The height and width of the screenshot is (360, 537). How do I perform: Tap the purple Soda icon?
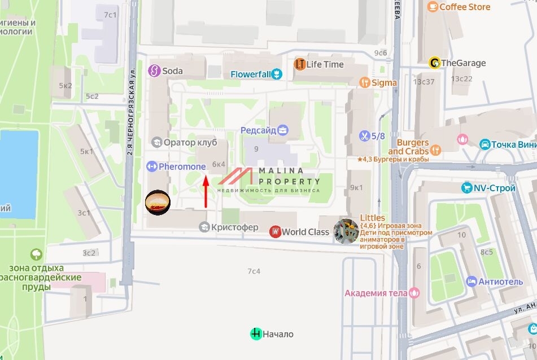pos(154,71)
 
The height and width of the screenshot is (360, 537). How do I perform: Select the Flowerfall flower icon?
pos(276,74)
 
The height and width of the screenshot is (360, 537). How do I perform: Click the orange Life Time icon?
pos(299,64)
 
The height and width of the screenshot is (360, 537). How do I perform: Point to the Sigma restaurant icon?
pos(365,83)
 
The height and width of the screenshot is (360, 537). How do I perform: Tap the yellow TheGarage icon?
pos(434,63)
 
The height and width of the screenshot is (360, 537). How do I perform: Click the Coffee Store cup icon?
pos(433,7)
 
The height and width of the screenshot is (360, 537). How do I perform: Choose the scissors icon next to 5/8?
pos(365,136)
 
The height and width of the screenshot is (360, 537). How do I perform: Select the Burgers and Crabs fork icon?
pos(435,150)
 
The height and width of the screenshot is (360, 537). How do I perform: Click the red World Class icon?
pos(275,232)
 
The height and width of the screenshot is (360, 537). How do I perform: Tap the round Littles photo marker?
pos(346,231)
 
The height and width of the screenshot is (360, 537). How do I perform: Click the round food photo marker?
pos(158,203)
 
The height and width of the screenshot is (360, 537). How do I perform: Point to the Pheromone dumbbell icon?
pos(151,166)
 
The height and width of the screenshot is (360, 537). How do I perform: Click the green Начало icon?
pos(256,334)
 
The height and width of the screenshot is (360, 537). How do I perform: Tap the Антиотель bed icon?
pos(471,281)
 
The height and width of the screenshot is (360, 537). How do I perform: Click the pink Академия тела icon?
pos(414,292)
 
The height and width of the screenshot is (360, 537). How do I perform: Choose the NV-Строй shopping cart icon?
pos(466,188)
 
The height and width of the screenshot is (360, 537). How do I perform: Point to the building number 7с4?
pos(254,271)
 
